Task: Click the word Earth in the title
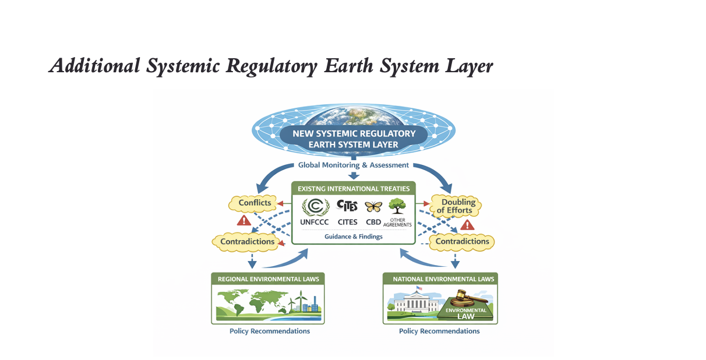click(348, 66)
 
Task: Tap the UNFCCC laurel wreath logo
click(316, 207)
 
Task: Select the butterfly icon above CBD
click(373, 207)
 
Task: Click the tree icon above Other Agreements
click(397, 206)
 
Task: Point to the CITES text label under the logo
click(348, 222)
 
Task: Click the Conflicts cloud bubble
click(254, 203)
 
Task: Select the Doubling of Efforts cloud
click(456, 206)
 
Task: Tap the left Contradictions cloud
click(247, 242)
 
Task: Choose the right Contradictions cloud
click(462, 242)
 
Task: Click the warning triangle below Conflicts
click(244, 221)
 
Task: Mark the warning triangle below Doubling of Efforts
click(467, 225)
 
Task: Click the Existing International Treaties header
click(354, 189)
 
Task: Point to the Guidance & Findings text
click(354, 237)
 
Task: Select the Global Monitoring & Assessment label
click(354, 165)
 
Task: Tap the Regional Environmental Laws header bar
click(268, 279)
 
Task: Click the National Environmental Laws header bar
click(440, 279)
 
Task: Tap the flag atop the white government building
click(419, 288)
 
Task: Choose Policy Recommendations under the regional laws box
click(270, 331)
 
